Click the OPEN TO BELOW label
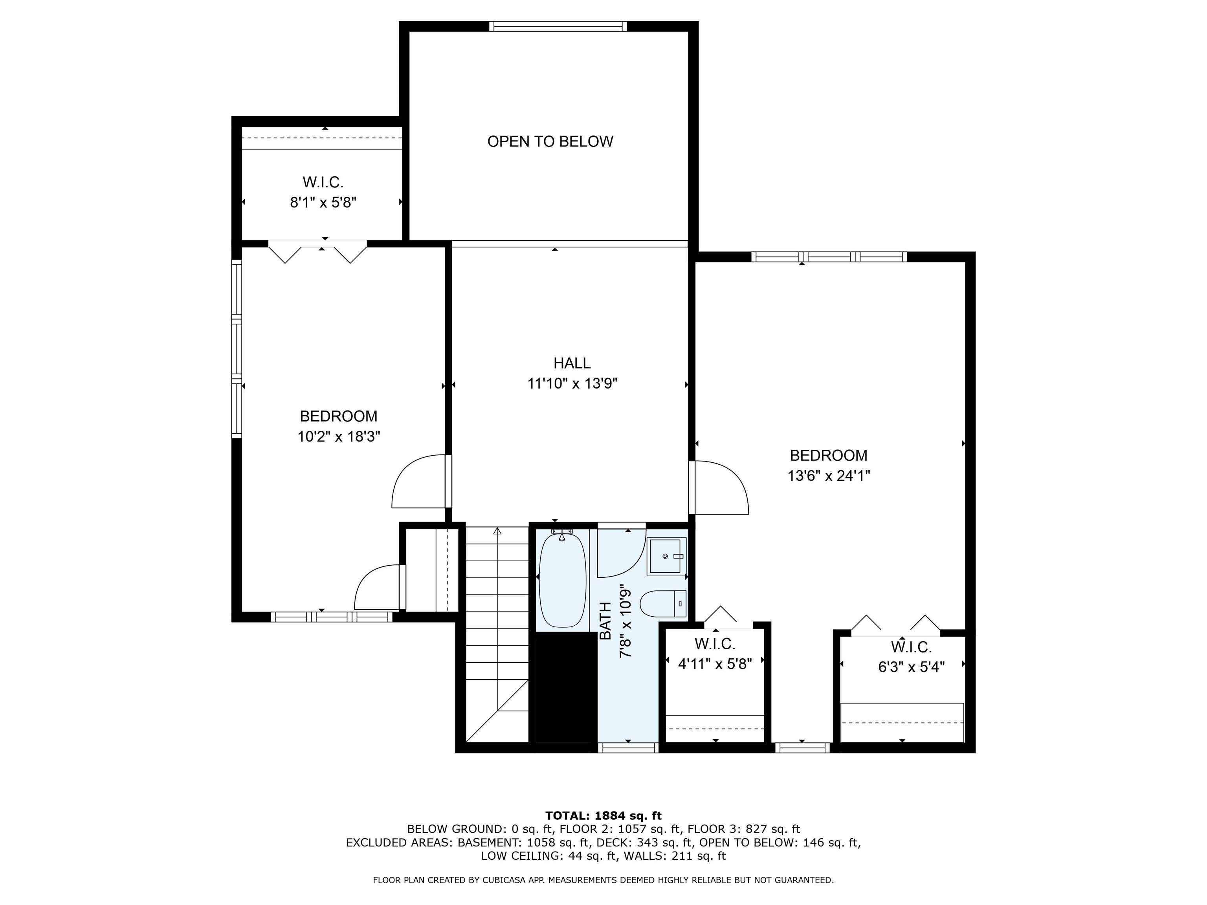click(550, 142)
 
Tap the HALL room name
click(572, 363)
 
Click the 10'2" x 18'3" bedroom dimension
click(338, 437)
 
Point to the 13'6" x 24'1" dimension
click(828, 476)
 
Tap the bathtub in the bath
click(562, 581)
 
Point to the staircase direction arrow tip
click(497, 530)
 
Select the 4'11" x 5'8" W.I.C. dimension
click(715, 664)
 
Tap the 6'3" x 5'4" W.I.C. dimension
click(911, 667)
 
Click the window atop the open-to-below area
click(558, 26)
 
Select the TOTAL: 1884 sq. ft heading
click(603, 815)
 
